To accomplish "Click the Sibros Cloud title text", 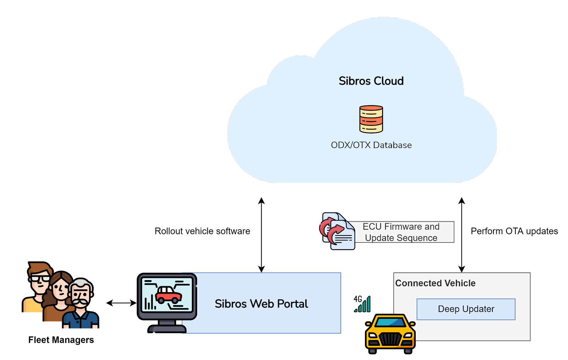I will pos(371,81).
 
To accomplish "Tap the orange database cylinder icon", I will pos(371,119).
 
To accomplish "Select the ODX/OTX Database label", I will pos(371,145).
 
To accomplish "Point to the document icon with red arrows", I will pos(338,231).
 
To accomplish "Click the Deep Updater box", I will pos(466,309).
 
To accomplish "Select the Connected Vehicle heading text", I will pos(435,283).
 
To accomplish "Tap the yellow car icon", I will pos(390,334).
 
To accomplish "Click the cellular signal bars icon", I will pos(362,304).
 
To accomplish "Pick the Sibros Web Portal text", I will pos(261,304).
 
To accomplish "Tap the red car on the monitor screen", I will pos(168,295).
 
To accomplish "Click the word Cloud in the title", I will pos(388,81).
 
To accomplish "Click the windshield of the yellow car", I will pos(390,322).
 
